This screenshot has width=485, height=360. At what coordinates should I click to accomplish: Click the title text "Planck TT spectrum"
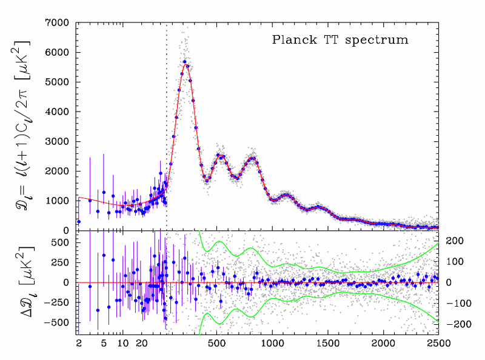(339, 41)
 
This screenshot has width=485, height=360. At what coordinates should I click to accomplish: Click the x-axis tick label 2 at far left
(79, 343)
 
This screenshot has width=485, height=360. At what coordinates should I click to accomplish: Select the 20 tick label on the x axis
(142, 343)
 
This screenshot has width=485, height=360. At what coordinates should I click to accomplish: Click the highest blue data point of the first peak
(184, 62)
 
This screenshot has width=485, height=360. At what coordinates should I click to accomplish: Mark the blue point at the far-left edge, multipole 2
(79, 221)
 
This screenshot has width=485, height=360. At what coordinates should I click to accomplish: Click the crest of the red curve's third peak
(252, 159)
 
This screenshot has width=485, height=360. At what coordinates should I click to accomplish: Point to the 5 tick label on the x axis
(104, 343)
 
